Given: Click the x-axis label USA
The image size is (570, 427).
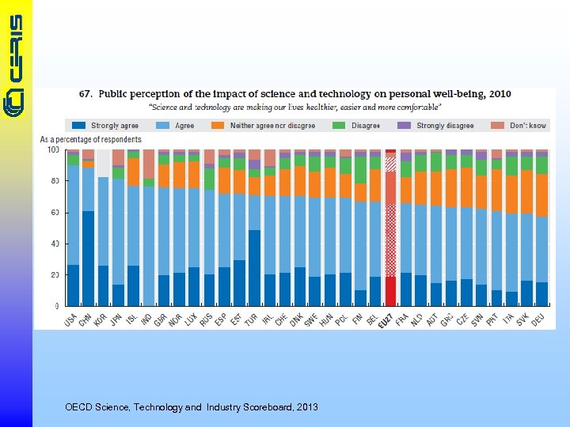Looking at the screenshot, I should pos(71,319).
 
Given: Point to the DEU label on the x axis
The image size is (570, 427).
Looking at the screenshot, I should pos(540,319).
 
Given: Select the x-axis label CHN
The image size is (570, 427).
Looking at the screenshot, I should pos(86,319).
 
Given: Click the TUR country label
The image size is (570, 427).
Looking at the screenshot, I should pos(253,319).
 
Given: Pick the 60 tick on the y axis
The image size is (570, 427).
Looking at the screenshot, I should pos(54,212).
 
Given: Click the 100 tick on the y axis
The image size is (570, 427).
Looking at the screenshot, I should pos(53,149).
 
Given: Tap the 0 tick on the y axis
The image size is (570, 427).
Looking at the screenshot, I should pos(56,306).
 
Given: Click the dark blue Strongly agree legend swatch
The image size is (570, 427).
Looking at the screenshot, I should pos(79,126).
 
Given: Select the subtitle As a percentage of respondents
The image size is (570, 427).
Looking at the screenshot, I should pos(90,140).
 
